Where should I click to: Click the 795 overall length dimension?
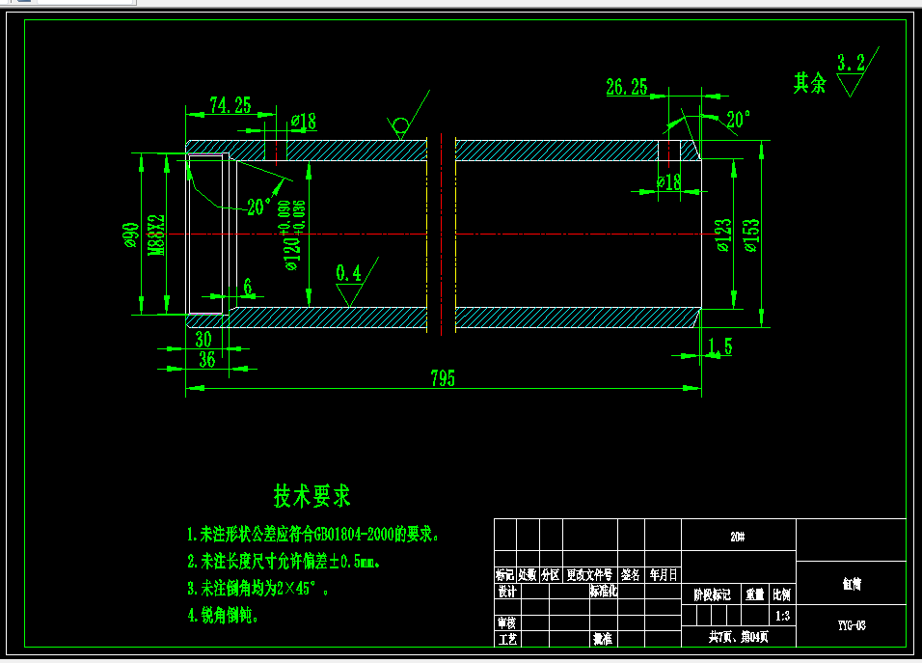tap(443, 378)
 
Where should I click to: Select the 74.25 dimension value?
tap(230, 106)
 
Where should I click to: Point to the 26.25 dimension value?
tap(627, 88)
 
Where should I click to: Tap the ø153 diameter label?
tap(751, 234)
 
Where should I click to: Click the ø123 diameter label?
tap(723, 234)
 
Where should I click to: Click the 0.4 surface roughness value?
tap(348, 274)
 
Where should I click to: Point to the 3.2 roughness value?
tap(851, 65)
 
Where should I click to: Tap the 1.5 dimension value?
tap(720, 346)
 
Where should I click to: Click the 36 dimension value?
tap(206, 360)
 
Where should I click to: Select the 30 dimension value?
tap(203, 340)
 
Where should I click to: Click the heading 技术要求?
tap(312, 497)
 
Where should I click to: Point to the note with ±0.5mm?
tap(290, 561)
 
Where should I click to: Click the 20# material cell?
tap(738, 535)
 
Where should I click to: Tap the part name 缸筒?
tap(851, 584)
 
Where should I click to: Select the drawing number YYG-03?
tap(851, 625)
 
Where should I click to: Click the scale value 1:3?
tap(782, 615)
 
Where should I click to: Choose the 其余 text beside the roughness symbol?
tap(810, 84)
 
